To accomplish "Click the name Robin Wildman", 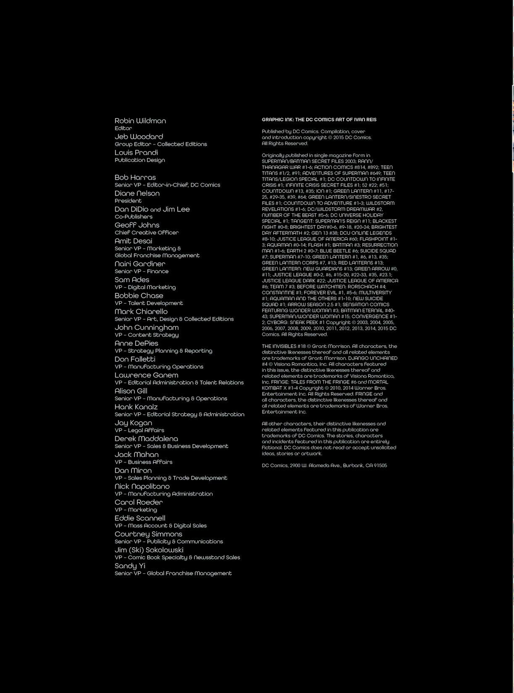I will (x=140, y=121).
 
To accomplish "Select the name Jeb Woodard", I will (x=139, y=137).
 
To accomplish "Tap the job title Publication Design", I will (x=139, y=160).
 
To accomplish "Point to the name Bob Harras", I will (x=135, y=178).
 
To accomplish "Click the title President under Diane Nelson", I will (x=128, y=201).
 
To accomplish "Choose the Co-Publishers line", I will (x=133, y=217).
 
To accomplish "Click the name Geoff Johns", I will (x=137, y=225).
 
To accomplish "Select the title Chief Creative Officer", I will (x=147, y=233).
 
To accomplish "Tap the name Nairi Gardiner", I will (x=140, y=264).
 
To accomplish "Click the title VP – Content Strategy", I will (x=147, y=335).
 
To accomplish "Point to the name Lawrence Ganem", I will (x=146, y=375).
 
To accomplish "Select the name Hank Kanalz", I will (x=136, y=407).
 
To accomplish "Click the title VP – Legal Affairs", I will (x=139, y=430).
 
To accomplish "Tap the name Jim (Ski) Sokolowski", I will (x=149, y=550).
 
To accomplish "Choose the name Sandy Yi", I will (x=130, y=566).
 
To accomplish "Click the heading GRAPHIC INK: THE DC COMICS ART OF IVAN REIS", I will (x=319, y=120).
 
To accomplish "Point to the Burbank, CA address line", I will (x=324, y=466).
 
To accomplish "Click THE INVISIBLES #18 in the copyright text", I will (x=283, y=346).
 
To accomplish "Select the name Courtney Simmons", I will (x=148, y=534).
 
